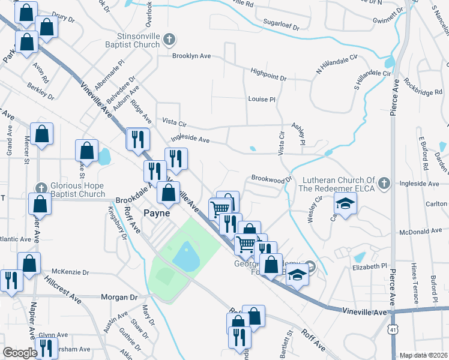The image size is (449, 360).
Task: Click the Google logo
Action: pyautogui.click(x=20, y=353)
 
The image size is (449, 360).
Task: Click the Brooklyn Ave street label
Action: pyautogui.click(x=191, y=56)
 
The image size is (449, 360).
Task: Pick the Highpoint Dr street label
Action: pyautogui.click(x=269, y=78)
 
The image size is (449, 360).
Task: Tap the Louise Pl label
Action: pyautogui.click(x=261, y=100)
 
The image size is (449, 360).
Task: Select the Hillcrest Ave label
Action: pyautogui.click(x=62, y=289)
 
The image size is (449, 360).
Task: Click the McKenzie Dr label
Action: pyautogui.click(x=70, y=270)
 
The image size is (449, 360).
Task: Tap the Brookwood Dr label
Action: pyautogui.click(x=271, y=179)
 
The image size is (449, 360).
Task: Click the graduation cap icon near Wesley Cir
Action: pyautogui.click(x=345, y=205)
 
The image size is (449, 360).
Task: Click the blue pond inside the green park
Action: pyautogui.click(x=185, y=257)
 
